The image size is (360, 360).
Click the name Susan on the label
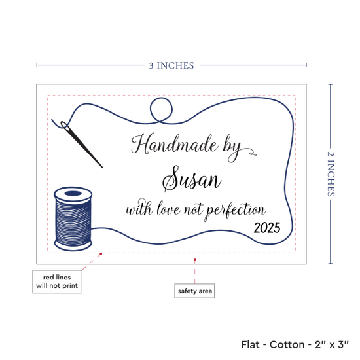click(x=192, y=179)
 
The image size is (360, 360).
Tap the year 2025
click(x=267, y=228)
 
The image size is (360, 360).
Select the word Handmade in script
click(x=175, y=144)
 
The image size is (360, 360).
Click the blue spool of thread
click(x=73, y=219)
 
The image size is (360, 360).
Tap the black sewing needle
click(x=82, y=145)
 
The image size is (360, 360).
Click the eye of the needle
click(x=65, y=126)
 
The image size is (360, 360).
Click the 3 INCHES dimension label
click(x=171, y=66)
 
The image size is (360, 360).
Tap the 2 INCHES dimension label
click(x=331, y=174)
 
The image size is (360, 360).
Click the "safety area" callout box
click(x=194, y=291)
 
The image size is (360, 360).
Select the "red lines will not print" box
click(x=57, y=281)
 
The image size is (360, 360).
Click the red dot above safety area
click(x=194, y=259)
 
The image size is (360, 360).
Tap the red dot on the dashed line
click(x=101, y=254)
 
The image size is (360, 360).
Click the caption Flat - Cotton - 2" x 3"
click(x=295, y=344)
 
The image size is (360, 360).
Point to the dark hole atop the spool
click(x=73, y=193)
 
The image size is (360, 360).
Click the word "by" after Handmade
click(x=232, y=149)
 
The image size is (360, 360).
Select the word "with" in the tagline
click(x=139, y=207)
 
